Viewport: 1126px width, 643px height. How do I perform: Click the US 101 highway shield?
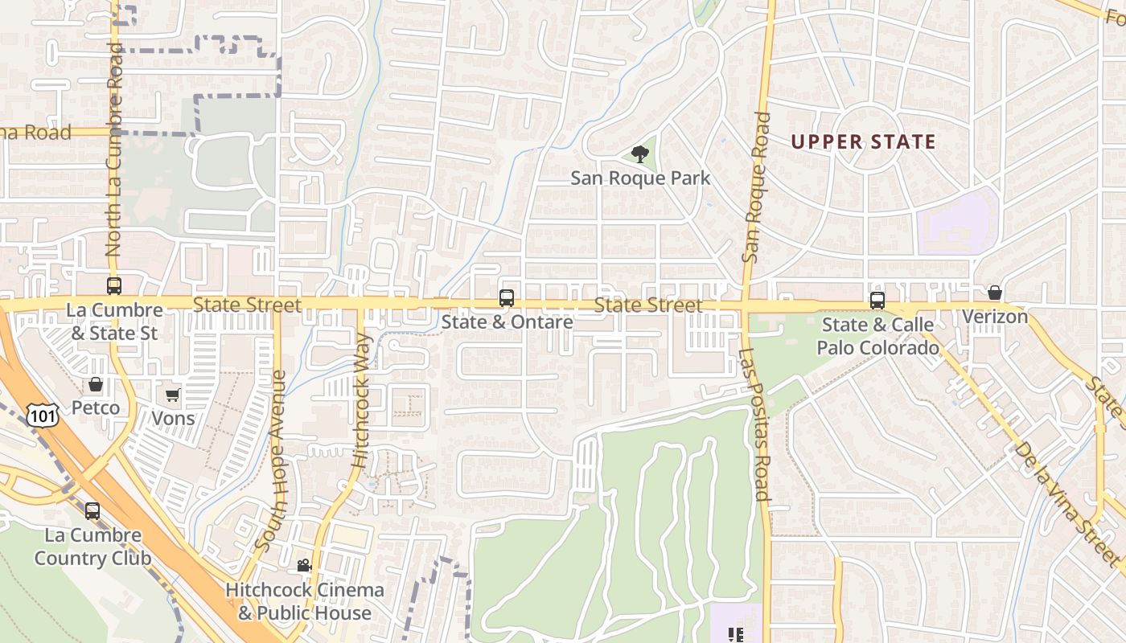point(41,415)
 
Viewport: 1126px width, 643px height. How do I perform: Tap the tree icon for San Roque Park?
point(640,154)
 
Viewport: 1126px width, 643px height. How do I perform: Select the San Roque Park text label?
point(640,178)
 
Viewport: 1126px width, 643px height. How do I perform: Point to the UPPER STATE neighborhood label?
point(863,142)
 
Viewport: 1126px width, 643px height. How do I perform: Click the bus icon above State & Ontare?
point(507,298)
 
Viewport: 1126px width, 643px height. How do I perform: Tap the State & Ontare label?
point(507,322)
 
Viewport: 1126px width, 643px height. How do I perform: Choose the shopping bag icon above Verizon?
point(995,293)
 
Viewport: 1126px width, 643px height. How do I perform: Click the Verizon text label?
point(995,317)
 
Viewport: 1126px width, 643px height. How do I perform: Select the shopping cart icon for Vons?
point(172,395)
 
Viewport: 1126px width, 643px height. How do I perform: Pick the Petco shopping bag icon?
point(96,384)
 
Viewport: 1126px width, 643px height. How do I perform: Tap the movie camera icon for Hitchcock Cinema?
point(304,566)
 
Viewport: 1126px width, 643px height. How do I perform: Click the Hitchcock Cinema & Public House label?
point(304,601)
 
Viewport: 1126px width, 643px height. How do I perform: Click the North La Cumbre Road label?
point(113,150)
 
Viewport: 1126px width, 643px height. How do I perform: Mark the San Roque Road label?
point(756,187)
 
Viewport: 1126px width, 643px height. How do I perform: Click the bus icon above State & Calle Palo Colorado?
point(877,301)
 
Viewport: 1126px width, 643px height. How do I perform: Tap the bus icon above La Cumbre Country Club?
point(92,510)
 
